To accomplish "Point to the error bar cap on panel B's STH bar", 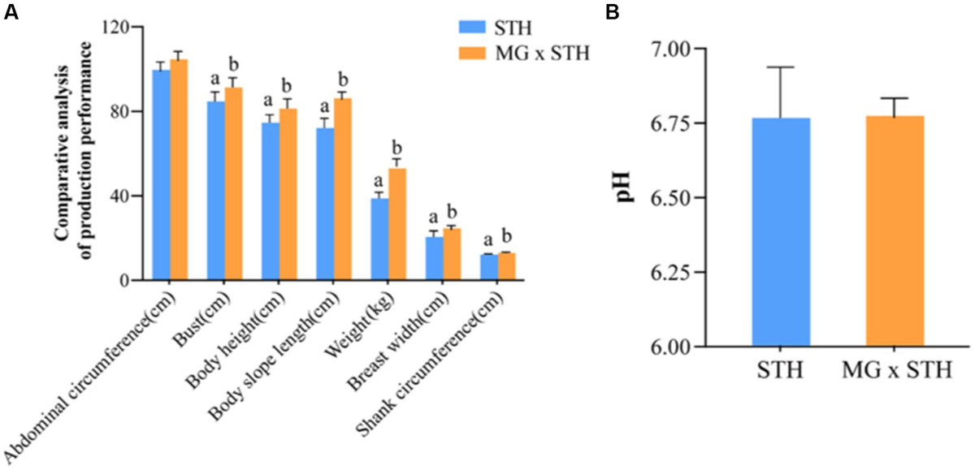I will (781, 67).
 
